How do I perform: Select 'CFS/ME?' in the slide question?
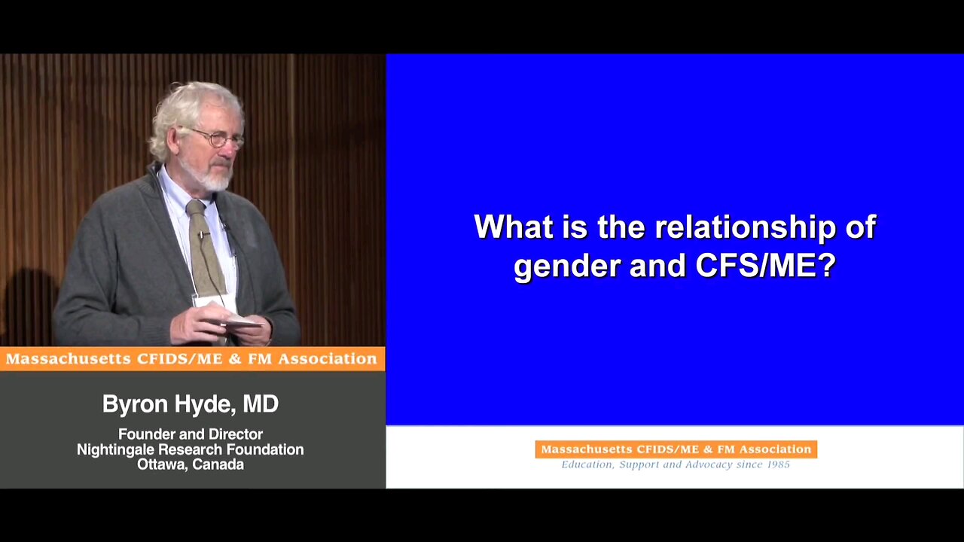pos(766,265)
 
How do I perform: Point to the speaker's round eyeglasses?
pos(218,138)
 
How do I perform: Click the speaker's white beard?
pos(211,175)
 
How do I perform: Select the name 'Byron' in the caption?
pos(135,405)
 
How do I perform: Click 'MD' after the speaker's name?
pos(261,403)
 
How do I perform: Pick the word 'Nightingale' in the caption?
pos(116,450)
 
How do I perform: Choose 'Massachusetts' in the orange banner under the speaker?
pos(68,359)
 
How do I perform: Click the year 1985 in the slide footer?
pos(778,464)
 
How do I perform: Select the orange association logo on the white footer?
pos(676,449)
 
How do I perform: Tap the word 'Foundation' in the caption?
pos(265,449)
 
